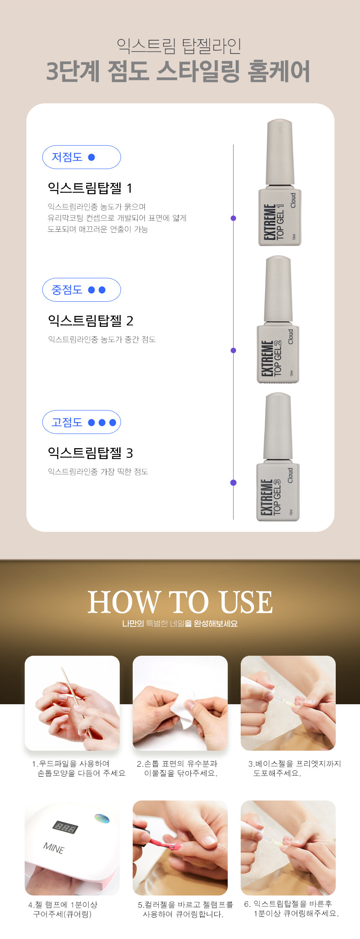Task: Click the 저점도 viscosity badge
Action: [x=82, y=157]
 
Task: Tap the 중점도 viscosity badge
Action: [x=82, y=290]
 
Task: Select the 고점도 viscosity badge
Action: [x=82, y=422]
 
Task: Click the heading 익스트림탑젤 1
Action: [x=90, y=188]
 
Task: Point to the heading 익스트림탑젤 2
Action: [x=90, y=321]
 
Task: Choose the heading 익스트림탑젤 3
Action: [x=90, y=453]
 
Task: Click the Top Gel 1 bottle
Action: [x=279, y=182]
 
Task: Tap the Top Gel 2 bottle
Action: [x=278, y=319]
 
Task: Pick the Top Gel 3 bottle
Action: [x=278, y=457]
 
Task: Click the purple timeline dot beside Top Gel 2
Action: [x=234, y=351]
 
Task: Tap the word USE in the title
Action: [x=246, y=603]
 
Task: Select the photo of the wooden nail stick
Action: [x=72, y=703]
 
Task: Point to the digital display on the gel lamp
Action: [x=65, y=827]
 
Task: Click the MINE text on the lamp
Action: [x=54, y=848]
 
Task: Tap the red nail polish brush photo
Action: [x=180, y=848]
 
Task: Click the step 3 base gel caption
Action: [x=295, y=768]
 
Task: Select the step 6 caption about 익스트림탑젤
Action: [x=291, y=908]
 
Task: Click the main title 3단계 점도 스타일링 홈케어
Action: [x=178, y=71]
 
